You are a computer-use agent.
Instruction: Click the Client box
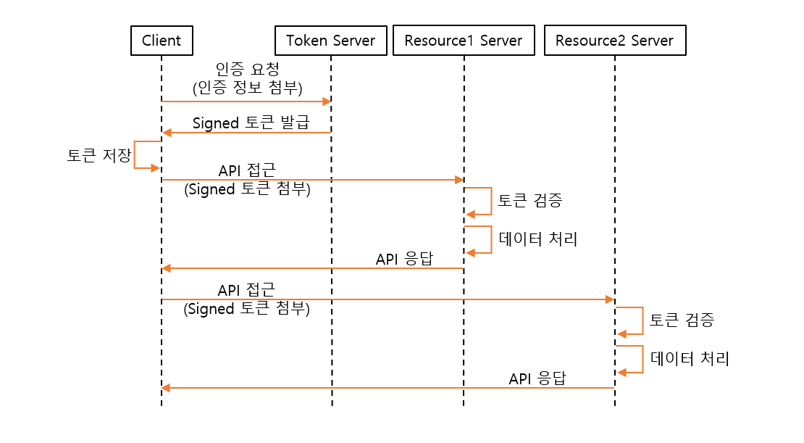[x=162, y=41]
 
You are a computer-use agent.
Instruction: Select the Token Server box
[x=330, y=41]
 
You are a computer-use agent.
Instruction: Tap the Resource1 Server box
[x=464, y=41]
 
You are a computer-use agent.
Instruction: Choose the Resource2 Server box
[x=614, y=41]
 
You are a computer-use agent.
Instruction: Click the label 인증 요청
[x=247, y=70]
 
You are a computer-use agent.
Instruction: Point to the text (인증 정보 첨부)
[x=247, y=88]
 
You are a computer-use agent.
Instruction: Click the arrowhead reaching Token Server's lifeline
[x=327, y=102]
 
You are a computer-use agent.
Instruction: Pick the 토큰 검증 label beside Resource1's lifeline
[x=529, y=201]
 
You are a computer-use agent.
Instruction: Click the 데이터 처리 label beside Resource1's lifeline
[x=537, y=239]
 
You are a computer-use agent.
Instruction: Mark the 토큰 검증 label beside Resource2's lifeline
[x=682, y=320]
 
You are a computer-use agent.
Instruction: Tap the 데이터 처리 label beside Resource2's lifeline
[x=689, y=358]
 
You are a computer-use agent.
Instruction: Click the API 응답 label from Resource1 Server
[x=404, y=259]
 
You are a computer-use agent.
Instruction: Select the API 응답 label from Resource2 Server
[x=537, y=378]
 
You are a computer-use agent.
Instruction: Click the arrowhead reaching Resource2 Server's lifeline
[x=610, y=299]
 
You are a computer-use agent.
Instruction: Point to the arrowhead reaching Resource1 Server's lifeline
[x=459, y=179]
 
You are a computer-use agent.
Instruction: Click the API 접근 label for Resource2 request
[x=247, y=290]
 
